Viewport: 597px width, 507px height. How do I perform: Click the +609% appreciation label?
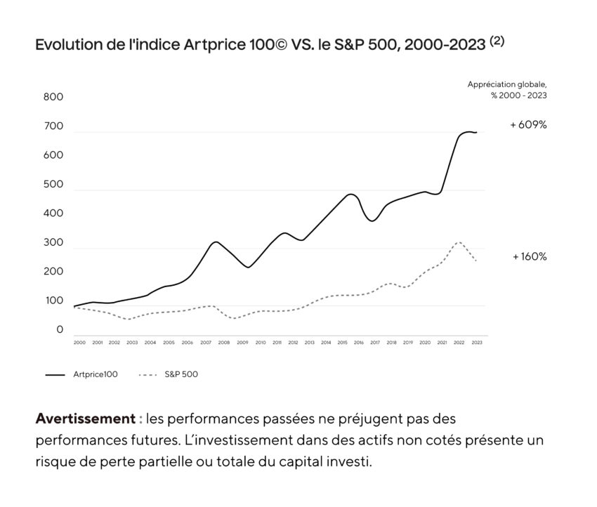(528, 125)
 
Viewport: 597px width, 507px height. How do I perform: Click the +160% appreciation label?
(530, 257)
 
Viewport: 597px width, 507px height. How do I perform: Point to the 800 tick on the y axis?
(53, 97)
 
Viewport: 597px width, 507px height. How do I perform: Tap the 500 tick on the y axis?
(53, 185)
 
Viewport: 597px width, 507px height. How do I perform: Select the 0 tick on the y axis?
(60, 329)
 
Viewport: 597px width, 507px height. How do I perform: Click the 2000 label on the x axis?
(79, 343)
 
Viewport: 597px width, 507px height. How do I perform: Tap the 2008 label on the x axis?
(223, 343)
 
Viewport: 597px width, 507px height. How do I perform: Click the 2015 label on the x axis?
(343, 343)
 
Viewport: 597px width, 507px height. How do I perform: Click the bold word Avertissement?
(84, 419)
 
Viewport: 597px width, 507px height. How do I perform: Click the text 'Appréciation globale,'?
(507, 84)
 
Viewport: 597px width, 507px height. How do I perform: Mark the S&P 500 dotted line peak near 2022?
(458, 242)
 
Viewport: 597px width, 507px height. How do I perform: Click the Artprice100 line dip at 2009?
(247, 267)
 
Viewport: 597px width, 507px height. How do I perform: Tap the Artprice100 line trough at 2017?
(373, 220)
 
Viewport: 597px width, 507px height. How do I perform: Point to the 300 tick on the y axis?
(53, 243)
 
